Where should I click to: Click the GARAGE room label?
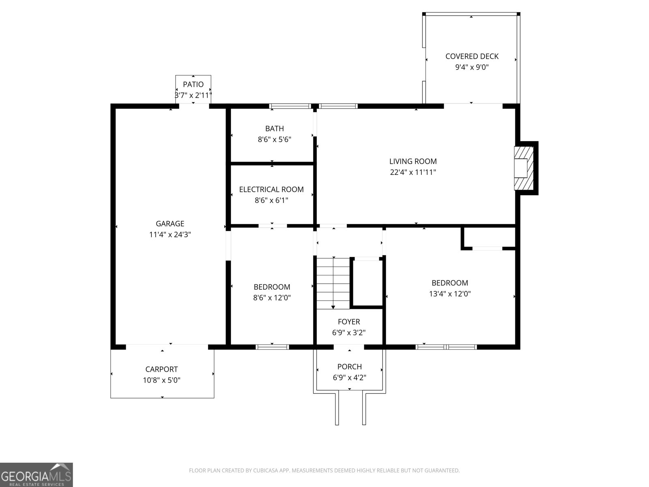(x=170, y=224)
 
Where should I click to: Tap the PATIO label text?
(x=193, y=84)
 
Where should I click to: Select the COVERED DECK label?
(x=472, y=56)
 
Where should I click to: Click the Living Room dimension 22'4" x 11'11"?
(x=413, y=172)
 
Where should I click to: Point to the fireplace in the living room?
(x=524, y=168)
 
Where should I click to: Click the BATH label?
(x=274, y=129)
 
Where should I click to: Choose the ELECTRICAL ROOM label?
(x=271, y=190)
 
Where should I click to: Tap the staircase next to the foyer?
(x=333, y=283)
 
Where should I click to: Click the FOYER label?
(x=349, y=322)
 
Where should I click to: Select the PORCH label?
(x=350, y=366)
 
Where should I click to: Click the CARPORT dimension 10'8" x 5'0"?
(x=161, y=380)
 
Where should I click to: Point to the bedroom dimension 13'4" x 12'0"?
(x=450, y=294)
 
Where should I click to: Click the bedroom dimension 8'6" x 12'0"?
(x=272, y=298)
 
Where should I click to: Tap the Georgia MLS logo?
(x=37, y=475)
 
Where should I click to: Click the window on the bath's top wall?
(x=290, y=106)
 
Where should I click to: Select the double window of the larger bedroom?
(x=446, y=347)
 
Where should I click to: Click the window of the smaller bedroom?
(x=272, y=347)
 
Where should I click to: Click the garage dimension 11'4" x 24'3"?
(x=170, y=235)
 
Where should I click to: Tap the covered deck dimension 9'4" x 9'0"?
(x=472, y=67)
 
